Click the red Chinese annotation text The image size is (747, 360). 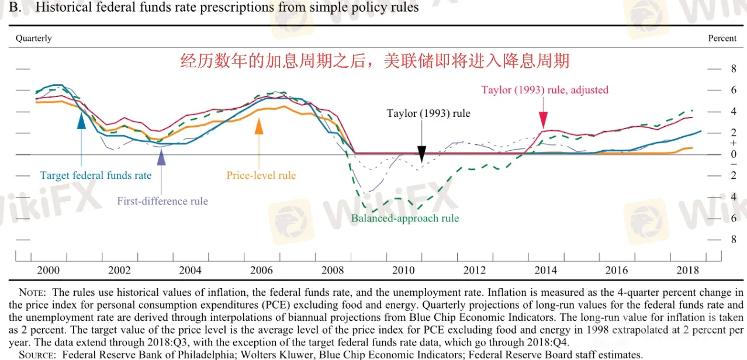click(x=375, y=61)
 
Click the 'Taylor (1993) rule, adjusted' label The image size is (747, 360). click(x=545, y=90)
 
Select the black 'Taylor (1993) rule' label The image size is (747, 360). click(x=428, y=113)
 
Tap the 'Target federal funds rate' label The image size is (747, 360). click(x=96, y=175)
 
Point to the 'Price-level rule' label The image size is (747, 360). click(x=261, y=175)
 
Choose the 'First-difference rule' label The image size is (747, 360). click(x=162, y=201)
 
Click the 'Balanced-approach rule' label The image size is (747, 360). click(x=405, y=219)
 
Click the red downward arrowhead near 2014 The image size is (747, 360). click(x=543, y=121)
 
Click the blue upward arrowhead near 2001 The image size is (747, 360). click(x=81, y=119)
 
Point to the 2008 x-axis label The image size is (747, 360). click(x=333, y=270)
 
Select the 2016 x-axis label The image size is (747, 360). click(x=617, y=270)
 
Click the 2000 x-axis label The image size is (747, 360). click(x=49, y=270)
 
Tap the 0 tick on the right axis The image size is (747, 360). click(x=717, y=154)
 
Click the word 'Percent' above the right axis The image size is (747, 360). click(x=722, y=38)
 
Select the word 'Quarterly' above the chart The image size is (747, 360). click(x=34, y=38)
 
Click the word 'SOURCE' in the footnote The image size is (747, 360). click(x=38, y=354)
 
